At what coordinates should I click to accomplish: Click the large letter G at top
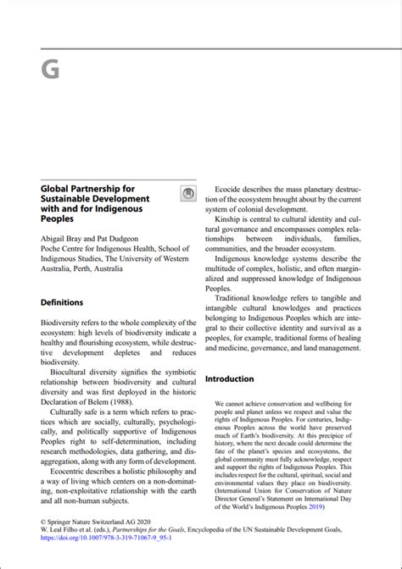pos(50,70)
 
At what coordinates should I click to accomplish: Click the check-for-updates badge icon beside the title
pos(188,194)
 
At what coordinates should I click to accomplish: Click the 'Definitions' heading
pos(62,302)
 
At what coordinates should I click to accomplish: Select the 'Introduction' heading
pos(230,378)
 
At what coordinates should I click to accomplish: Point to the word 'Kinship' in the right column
pos(231,219)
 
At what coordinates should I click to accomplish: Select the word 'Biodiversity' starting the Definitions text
pos(64,323)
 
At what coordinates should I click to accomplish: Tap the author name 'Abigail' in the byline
pos(57,239)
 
